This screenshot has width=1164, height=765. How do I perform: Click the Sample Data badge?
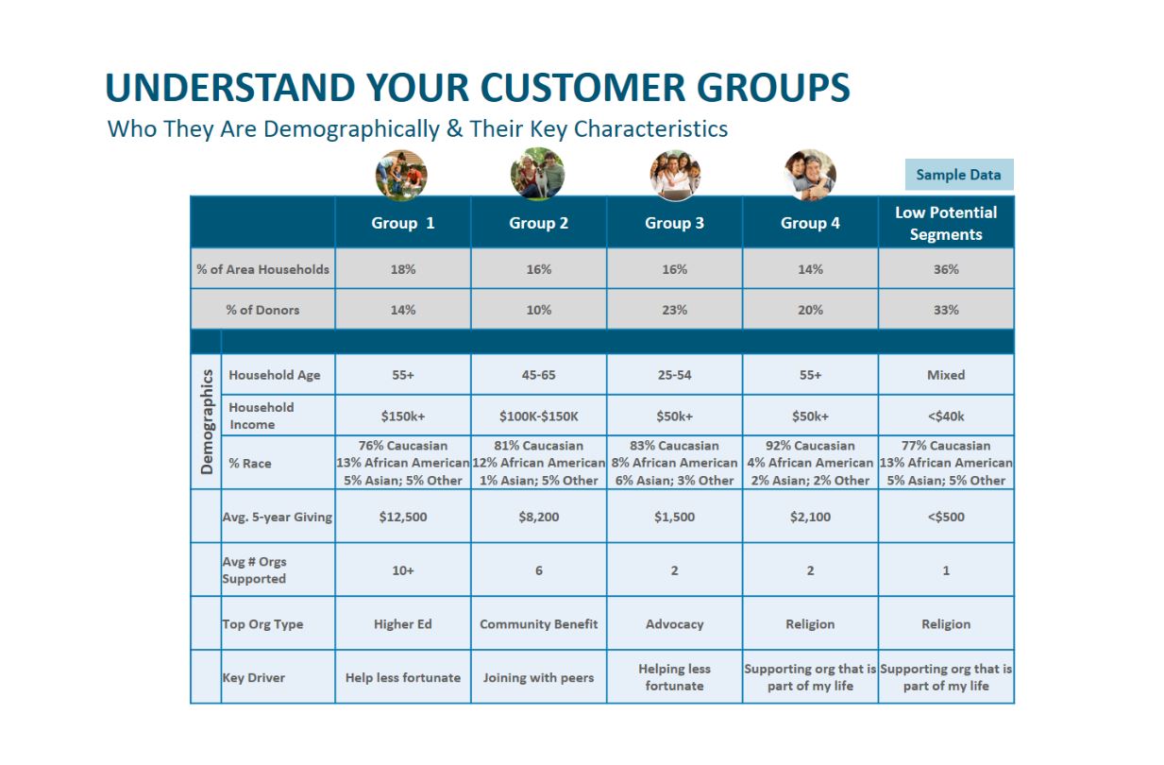point(959,174)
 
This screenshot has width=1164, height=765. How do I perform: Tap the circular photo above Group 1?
point(401,175)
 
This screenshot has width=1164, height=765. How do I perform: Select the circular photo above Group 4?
point(810,175)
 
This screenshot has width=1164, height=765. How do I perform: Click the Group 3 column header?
point(674,223)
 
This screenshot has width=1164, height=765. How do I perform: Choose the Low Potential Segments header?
point(946,223)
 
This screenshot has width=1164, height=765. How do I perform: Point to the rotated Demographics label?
point(207,421)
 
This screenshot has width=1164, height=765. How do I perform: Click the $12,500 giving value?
point(403,517)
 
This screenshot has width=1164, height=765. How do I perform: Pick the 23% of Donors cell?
point(674,310)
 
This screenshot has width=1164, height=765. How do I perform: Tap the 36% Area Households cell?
point(946,269)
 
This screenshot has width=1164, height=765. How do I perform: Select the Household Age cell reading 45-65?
point(538,375)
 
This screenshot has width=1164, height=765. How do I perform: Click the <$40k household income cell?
point(946,416)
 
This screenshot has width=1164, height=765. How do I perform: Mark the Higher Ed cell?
point(403,623)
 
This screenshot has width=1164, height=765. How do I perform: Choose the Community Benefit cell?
point(538,623)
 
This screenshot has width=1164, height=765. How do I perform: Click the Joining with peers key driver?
point(538,678)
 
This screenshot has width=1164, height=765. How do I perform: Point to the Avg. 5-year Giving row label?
point(277,518)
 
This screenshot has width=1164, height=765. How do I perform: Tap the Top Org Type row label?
point(262,624)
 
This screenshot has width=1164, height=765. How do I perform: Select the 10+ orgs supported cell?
point(403,570)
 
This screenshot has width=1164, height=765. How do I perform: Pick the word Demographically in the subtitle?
point(352,128)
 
